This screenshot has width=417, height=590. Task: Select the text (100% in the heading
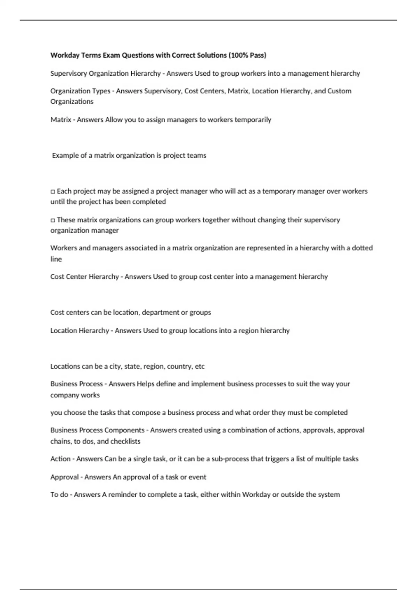tap(238, 55)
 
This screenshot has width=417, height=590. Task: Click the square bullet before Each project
tap(53, 191)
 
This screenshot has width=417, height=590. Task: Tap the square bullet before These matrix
tap(53, 220)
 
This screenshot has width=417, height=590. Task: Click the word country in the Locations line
tap(180, 366)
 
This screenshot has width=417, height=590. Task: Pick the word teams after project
tap(196, 155)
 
